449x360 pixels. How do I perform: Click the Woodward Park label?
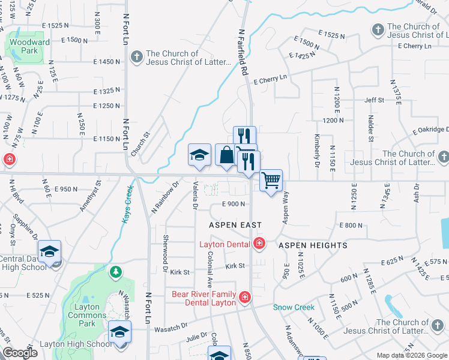click(x=29, y=47)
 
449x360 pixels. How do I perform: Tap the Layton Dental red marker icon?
click(x=259, y=243)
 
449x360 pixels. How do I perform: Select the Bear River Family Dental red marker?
click(x=244, y=297)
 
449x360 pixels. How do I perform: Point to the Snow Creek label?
click(x=294, y=307)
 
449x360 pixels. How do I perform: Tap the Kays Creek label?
click(x=128, y=204)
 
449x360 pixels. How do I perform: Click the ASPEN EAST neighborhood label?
click(x=235, y=225)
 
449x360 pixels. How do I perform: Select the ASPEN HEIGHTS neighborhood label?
click(x=313, y=245)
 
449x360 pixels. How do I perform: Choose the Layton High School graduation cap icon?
click(x=119, y=332)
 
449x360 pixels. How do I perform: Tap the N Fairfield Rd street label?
click(x=243, y=53)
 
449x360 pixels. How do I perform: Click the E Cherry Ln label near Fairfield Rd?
click(x=270, y=78)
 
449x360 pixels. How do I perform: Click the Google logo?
click(x=20, y=353)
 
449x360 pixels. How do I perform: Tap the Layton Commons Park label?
click(x=87, y=315)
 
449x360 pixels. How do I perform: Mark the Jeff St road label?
click(x=374, y=100)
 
